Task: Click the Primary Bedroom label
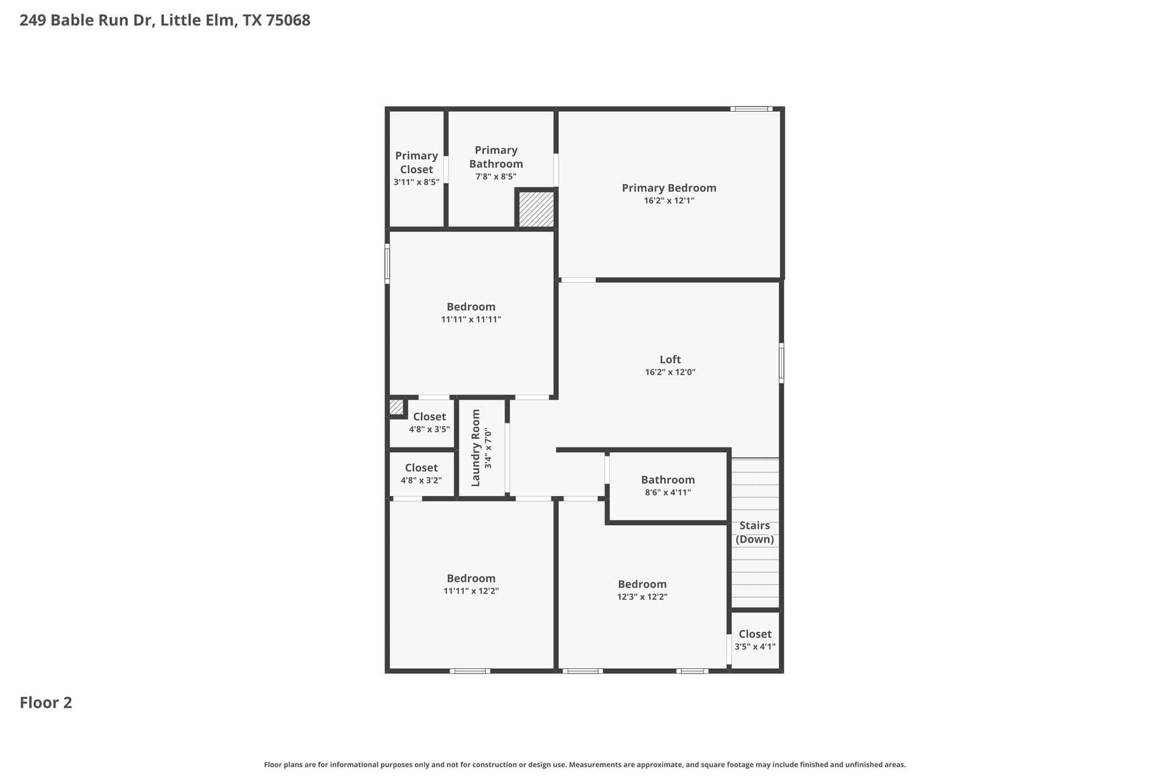coord(669,188)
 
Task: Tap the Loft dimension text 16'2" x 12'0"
coord(670,372)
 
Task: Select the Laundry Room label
coord(476,448)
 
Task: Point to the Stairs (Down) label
coord(755,532)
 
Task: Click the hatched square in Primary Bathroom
coord(536,210)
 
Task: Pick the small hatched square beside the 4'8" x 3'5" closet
coord(396,406)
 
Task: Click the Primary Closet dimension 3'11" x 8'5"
coord(416,182)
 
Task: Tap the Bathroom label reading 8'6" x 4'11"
coord(668,492)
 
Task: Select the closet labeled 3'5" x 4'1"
coord(755,640)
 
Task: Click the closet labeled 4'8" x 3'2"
coord(421,473)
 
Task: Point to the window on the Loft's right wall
coord(782,363)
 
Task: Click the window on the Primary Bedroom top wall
coord(751,109)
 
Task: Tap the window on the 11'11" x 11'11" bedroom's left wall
coord(387,264)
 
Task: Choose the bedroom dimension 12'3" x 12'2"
coord(642,597)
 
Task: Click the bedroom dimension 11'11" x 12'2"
coord(471,591)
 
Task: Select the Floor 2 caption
coord(46,703)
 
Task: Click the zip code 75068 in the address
coord(288,20)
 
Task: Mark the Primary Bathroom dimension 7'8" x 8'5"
coord(496,177)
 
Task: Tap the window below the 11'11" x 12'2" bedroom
coord(470,671)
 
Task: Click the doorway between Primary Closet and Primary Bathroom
coord(446,169)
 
